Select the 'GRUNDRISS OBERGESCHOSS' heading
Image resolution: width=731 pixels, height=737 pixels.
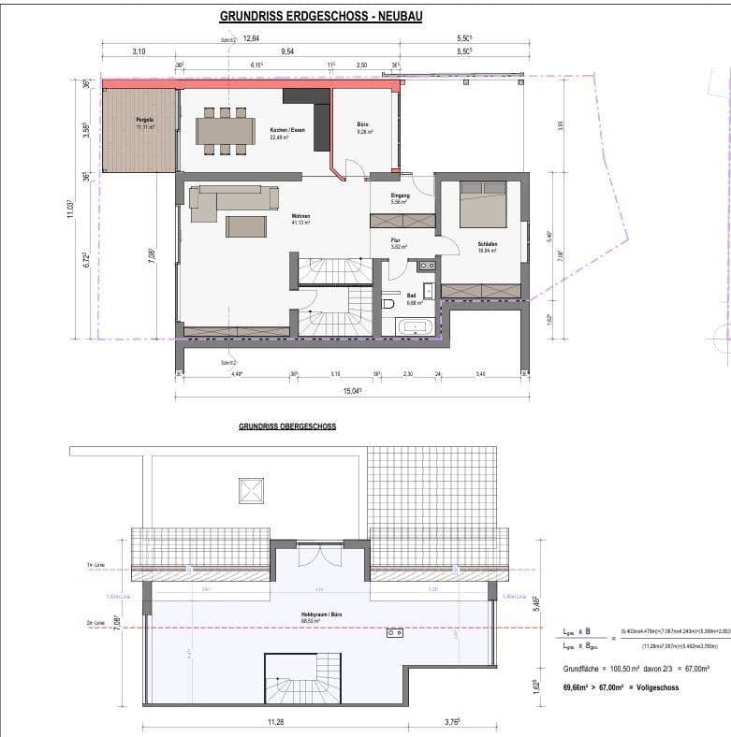287,426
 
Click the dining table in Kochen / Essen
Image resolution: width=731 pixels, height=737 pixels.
226,131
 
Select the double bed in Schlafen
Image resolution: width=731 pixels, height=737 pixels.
483,205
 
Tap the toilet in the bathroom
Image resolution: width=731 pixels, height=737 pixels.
388,304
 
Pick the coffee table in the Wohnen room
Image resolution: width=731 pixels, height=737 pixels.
246,226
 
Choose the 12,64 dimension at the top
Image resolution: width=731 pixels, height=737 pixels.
251,39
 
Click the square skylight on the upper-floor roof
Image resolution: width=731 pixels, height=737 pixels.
250,490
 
